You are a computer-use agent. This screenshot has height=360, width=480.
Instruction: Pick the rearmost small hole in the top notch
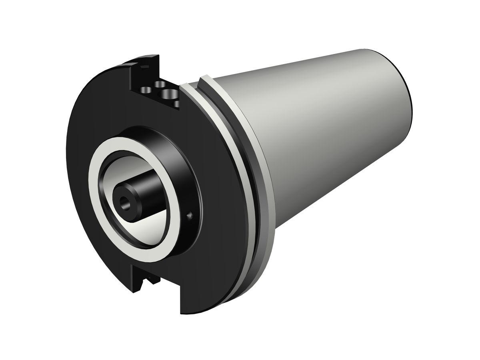(x=160, y=84)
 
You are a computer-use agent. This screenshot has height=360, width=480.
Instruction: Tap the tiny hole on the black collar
(x=190, y=216)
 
